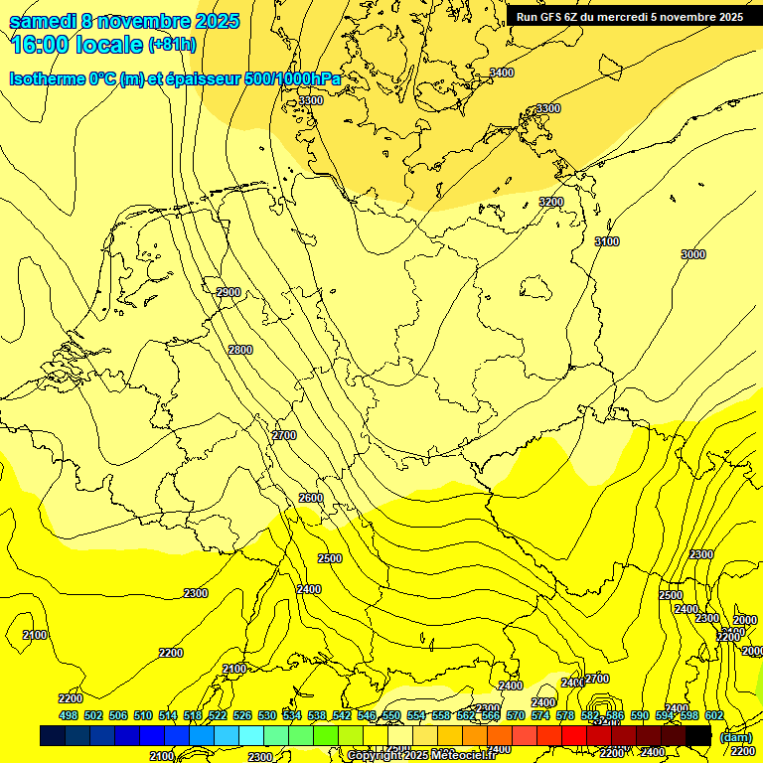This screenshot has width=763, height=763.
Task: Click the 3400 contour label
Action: (502, 73)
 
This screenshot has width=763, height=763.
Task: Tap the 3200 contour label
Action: (550, 202)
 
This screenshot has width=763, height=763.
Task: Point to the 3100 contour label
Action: (606, 241)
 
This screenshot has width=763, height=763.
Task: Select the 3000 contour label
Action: (693, 254)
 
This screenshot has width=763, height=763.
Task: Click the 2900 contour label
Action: (229, 292)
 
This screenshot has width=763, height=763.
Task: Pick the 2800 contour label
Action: (240, 350)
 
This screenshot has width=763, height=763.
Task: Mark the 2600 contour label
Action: (310, 498)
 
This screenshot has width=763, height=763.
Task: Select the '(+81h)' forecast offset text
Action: (172, 45)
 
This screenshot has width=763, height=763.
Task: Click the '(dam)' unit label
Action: (736, 736)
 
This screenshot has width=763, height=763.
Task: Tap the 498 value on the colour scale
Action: (69, 715)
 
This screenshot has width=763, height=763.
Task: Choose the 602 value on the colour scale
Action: (714, 715)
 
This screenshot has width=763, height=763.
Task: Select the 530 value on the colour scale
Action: (267, 715)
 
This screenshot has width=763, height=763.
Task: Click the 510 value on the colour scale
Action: (143, 715)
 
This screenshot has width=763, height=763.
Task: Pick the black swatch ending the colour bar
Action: (699, 735)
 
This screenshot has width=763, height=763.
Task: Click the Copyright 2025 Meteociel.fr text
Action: (421, 756)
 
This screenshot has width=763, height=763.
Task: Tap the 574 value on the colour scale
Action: (540, 715)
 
